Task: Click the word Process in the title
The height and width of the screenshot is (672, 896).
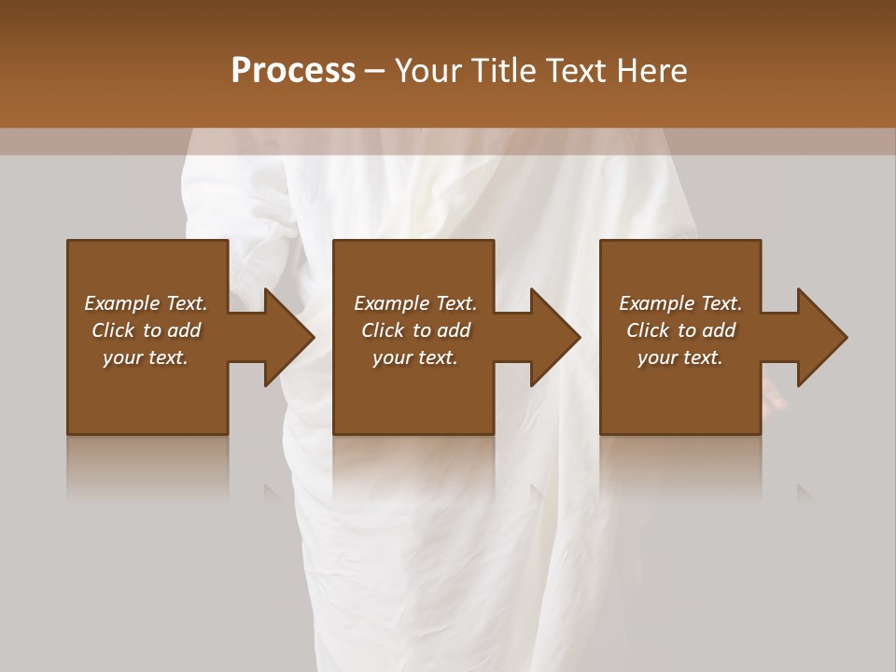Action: (x=293, y=71)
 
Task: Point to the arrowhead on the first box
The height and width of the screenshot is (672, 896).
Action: (x=286, y=337)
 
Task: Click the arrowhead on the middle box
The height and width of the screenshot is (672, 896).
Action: (x=553, y=337)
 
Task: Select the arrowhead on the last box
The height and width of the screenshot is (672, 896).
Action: (x=819, y=337)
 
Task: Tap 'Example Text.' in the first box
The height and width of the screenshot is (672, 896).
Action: (x=146, y=303)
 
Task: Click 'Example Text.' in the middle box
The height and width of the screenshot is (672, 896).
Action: (x=415, y=303)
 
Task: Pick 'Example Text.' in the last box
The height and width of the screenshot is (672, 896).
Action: (x=680, y=303)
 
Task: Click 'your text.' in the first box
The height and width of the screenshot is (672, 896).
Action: (x=146, y=357)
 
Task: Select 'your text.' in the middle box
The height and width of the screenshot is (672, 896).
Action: (x=415, y=357)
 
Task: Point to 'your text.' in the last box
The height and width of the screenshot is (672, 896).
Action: (x=680, y=357)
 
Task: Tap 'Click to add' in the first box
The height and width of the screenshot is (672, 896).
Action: (x=146, y=330)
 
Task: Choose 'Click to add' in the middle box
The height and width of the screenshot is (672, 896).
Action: (x=415, y=330)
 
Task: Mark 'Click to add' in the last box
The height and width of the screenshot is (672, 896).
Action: (x=680, y=330)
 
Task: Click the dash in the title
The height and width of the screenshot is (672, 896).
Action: (x=375, y=72)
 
